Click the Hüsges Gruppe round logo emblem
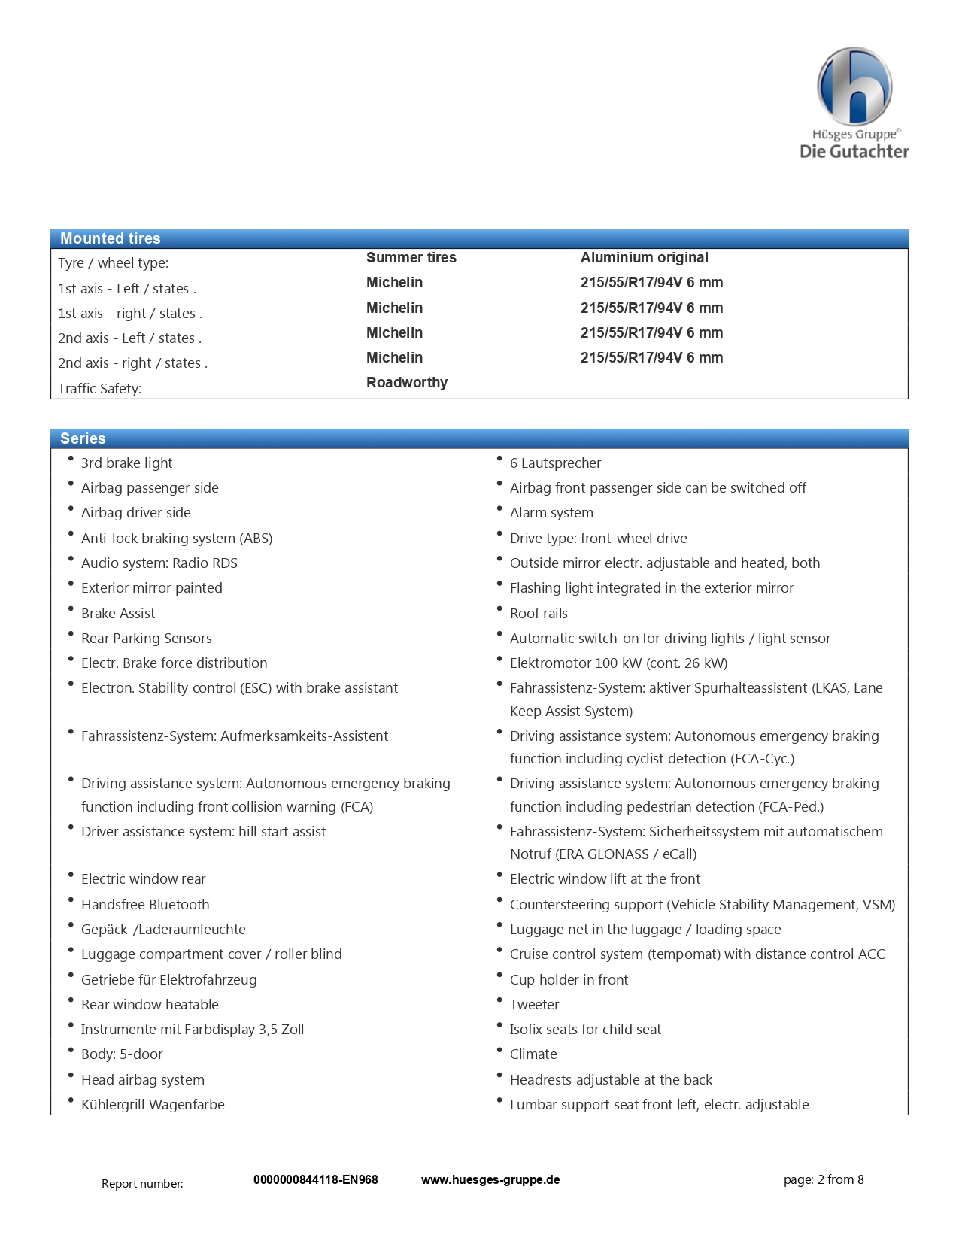(x=854, y=86)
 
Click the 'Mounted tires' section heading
(x=110, y=238)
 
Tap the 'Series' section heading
(x=83, y=438)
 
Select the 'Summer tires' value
(x=411, y=257)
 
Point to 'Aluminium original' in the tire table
(x=644, y=257)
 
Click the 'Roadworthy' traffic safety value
(x=406, y=382)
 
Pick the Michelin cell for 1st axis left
(x=394, y=282)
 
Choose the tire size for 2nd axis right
(x=651, y=357)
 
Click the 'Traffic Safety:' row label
(x=99, y=388)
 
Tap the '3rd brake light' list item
(x=126, y=463)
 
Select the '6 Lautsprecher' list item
(x=555, y=463)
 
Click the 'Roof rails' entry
(x=539, y=613)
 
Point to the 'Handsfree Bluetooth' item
(x=145, y=904)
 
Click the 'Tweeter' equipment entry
(x=534, y=1004)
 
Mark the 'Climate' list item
(x=533, y=1054)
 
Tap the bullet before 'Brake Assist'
(x=71, y=608)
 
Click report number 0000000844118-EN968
(x=315, y=1179)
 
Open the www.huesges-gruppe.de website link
(x=490, y=1179)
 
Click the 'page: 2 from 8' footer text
(x=823, y=1179)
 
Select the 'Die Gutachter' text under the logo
(x=854, y=151)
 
